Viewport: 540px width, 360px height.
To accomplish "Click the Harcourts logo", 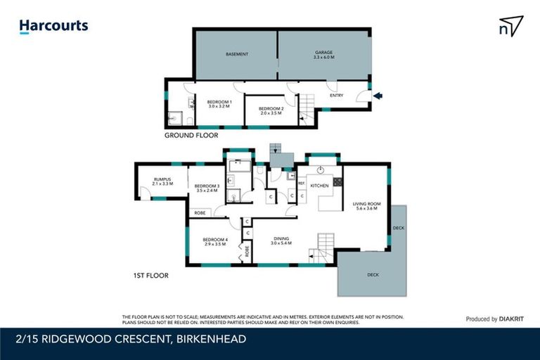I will click(53, 26).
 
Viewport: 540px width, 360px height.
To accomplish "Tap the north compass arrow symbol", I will click(510, 27).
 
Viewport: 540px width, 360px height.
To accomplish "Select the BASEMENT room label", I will click(236, 54).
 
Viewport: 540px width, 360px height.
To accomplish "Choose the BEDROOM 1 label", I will click(219, 104).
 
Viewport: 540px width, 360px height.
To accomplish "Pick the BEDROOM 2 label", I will click(271, 110).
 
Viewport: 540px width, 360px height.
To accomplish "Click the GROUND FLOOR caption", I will click(191, 135).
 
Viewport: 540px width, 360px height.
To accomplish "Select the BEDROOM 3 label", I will click(208, 188).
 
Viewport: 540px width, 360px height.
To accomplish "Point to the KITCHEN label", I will click(320, 186).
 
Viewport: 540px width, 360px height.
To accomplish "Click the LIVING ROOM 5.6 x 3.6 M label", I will click(366, 206).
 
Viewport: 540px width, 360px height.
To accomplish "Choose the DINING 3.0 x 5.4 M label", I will click(281, 240).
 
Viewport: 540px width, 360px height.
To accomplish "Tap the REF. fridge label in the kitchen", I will click(301, 184).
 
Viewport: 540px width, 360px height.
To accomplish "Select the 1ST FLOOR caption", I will click(150, 276).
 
